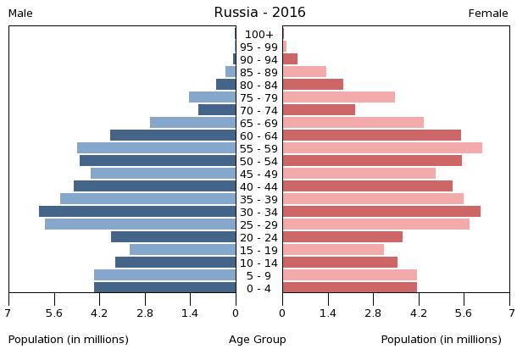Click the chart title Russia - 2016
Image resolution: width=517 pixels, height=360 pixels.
click(259, 13)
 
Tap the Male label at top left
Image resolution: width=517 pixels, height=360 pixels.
click(20, 14)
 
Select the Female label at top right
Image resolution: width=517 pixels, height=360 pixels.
click(487, 14)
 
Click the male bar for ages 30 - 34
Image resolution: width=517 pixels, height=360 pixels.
click(137, 212)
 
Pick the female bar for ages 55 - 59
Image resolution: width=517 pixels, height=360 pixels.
click(382, 148)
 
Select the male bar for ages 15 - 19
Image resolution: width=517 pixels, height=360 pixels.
click(182, 250)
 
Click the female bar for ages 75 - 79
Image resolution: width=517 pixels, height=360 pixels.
click(338, 97)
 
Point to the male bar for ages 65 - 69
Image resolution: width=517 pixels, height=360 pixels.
click(192, 123)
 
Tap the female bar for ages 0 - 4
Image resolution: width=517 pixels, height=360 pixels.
click(349, 288)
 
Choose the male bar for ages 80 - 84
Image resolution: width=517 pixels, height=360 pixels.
click(225, 85)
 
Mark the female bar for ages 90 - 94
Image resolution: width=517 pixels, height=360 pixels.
click(290, 59)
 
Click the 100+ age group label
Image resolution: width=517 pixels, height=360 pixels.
click(258, 34)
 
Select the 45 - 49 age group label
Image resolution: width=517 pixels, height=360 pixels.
click(258, 174)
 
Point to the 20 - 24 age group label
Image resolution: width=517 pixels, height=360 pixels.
click(258, 237)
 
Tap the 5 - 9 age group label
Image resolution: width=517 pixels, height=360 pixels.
click(258, 275)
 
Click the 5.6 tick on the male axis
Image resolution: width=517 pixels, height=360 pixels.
click(54, 313)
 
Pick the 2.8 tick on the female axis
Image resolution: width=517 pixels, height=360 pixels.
click(373, 313)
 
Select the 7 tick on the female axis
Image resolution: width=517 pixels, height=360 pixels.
click(509, 313)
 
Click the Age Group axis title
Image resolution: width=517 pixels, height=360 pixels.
click(258, 340)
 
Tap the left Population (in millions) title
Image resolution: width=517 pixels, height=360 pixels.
click(69, 340)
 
